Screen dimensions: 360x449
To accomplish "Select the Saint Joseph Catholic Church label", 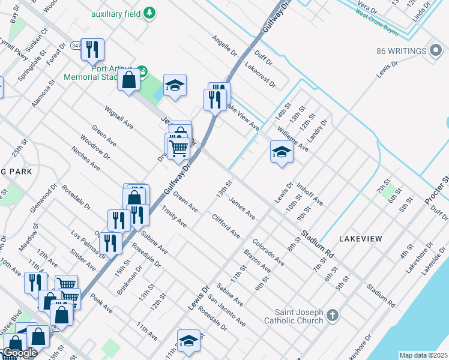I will point(300,316).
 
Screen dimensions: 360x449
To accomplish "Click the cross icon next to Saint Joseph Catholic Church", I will point(333,314).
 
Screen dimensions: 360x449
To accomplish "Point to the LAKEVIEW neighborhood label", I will point(360,239).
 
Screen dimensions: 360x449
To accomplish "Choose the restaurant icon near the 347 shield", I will point(92,49).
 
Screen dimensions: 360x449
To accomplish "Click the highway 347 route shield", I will point(75,46).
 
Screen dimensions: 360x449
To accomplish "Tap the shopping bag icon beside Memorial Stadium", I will point(128,80).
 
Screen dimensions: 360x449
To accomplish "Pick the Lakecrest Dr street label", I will point(259,75).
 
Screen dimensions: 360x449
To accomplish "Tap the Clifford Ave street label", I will point(226,226).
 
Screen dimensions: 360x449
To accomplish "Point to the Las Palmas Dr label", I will point(83,241).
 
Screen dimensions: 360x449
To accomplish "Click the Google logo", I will point(20,353).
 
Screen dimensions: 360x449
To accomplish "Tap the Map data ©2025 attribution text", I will point(423,355).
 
